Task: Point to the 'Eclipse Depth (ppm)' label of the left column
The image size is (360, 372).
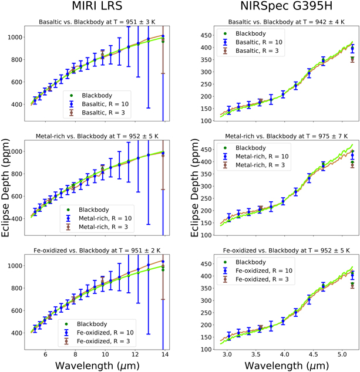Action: pyautogui.click(x=6, y=188)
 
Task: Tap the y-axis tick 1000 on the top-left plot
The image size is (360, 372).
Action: pyautogui.click(x=15, y=37)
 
